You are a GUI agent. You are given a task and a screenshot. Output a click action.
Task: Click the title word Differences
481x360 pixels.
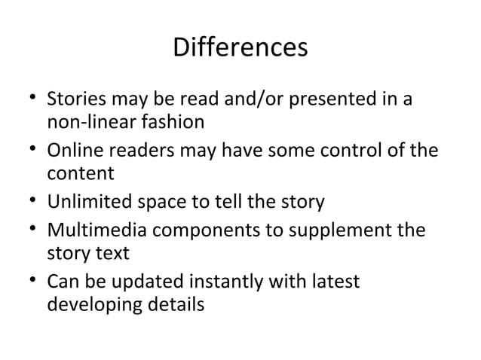240,49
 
